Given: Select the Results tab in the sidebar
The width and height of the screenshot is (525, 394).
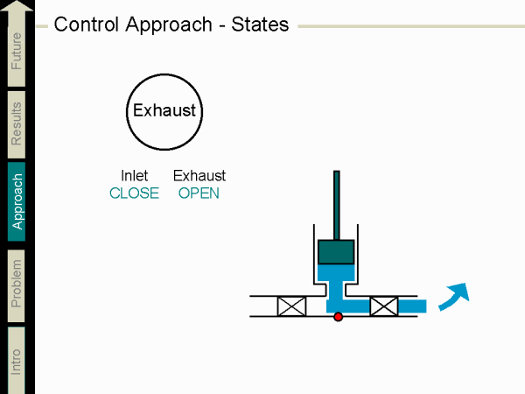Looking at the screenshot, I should [17, 123].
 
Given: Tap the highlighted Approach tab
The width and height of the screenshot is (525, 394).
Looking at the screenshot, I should [17, 201].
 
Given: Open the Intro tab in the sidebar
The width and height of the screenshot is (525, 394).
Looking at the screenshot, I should [17, 360].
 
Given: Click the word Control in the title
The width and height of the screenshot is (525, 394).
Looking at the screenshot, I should [83, 24].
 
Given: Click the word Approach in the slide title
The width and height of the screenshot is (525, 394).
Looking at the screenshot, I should [174, 24].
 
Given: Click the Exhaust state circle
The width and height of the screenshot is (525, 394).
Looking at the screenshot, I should [164, 111].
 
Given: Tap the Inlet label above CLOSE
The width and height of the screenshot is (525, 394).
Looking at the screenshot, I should [134, 176].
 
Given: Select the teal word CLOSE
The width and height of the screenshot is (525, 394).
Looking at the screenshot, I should [134, 193].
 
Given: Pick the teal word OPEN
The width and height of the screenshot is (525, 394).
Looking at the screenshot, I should [199, 193].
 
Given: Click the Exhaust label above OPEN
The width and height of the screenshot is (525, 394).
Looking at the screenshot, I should [199, 176].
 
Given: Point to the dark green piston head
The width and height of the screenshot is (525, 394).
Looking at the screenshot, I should [336, 251].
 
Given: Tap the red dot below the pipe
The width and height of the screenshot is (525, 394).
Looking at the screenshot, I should [339, 317].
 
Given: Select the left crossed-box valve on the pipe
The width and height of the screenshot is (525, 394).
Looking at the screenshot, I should [290, 306].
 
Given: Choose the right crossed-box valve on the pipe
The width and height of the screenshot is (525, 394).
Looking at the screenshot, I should [383, 306].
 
